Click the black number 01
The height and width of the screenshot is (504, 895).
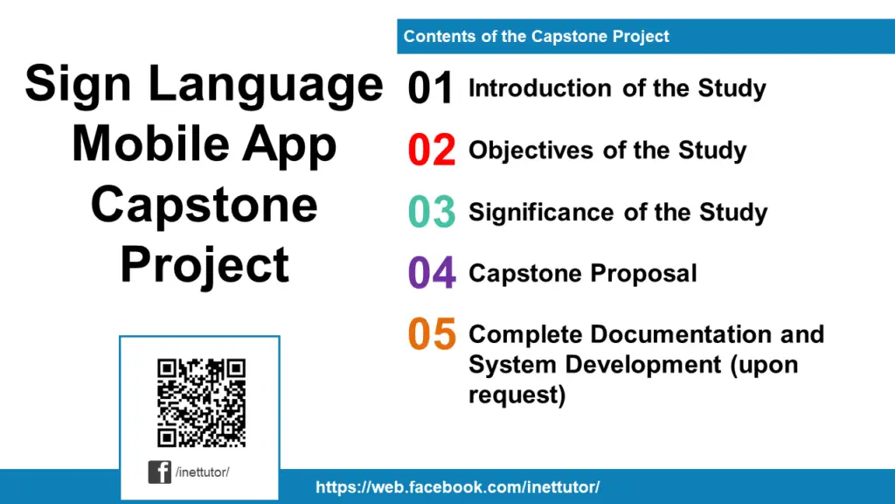(431, 89)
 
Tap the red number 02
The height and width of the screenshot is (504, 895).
(431, 150)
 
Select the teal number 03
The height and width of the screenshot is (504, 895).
(431, 213)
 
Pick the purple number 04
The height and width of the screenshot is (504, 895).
(431, 274)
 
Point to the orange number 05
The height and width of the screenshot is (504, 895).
(431, 334)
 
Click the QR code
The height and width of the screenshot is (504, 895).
(201, 402)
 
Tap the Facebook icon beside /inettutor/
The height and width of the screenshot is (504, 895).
(159, 472)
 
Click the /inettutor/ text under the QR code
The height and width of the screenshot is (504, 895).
(202, 472)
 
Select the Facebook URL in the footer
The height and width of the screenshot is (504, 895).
(457, 487)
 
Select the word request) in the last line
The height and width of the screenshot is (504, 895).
(517, 395)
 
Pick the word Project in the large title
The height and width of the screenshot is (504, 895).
(205, 264)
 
